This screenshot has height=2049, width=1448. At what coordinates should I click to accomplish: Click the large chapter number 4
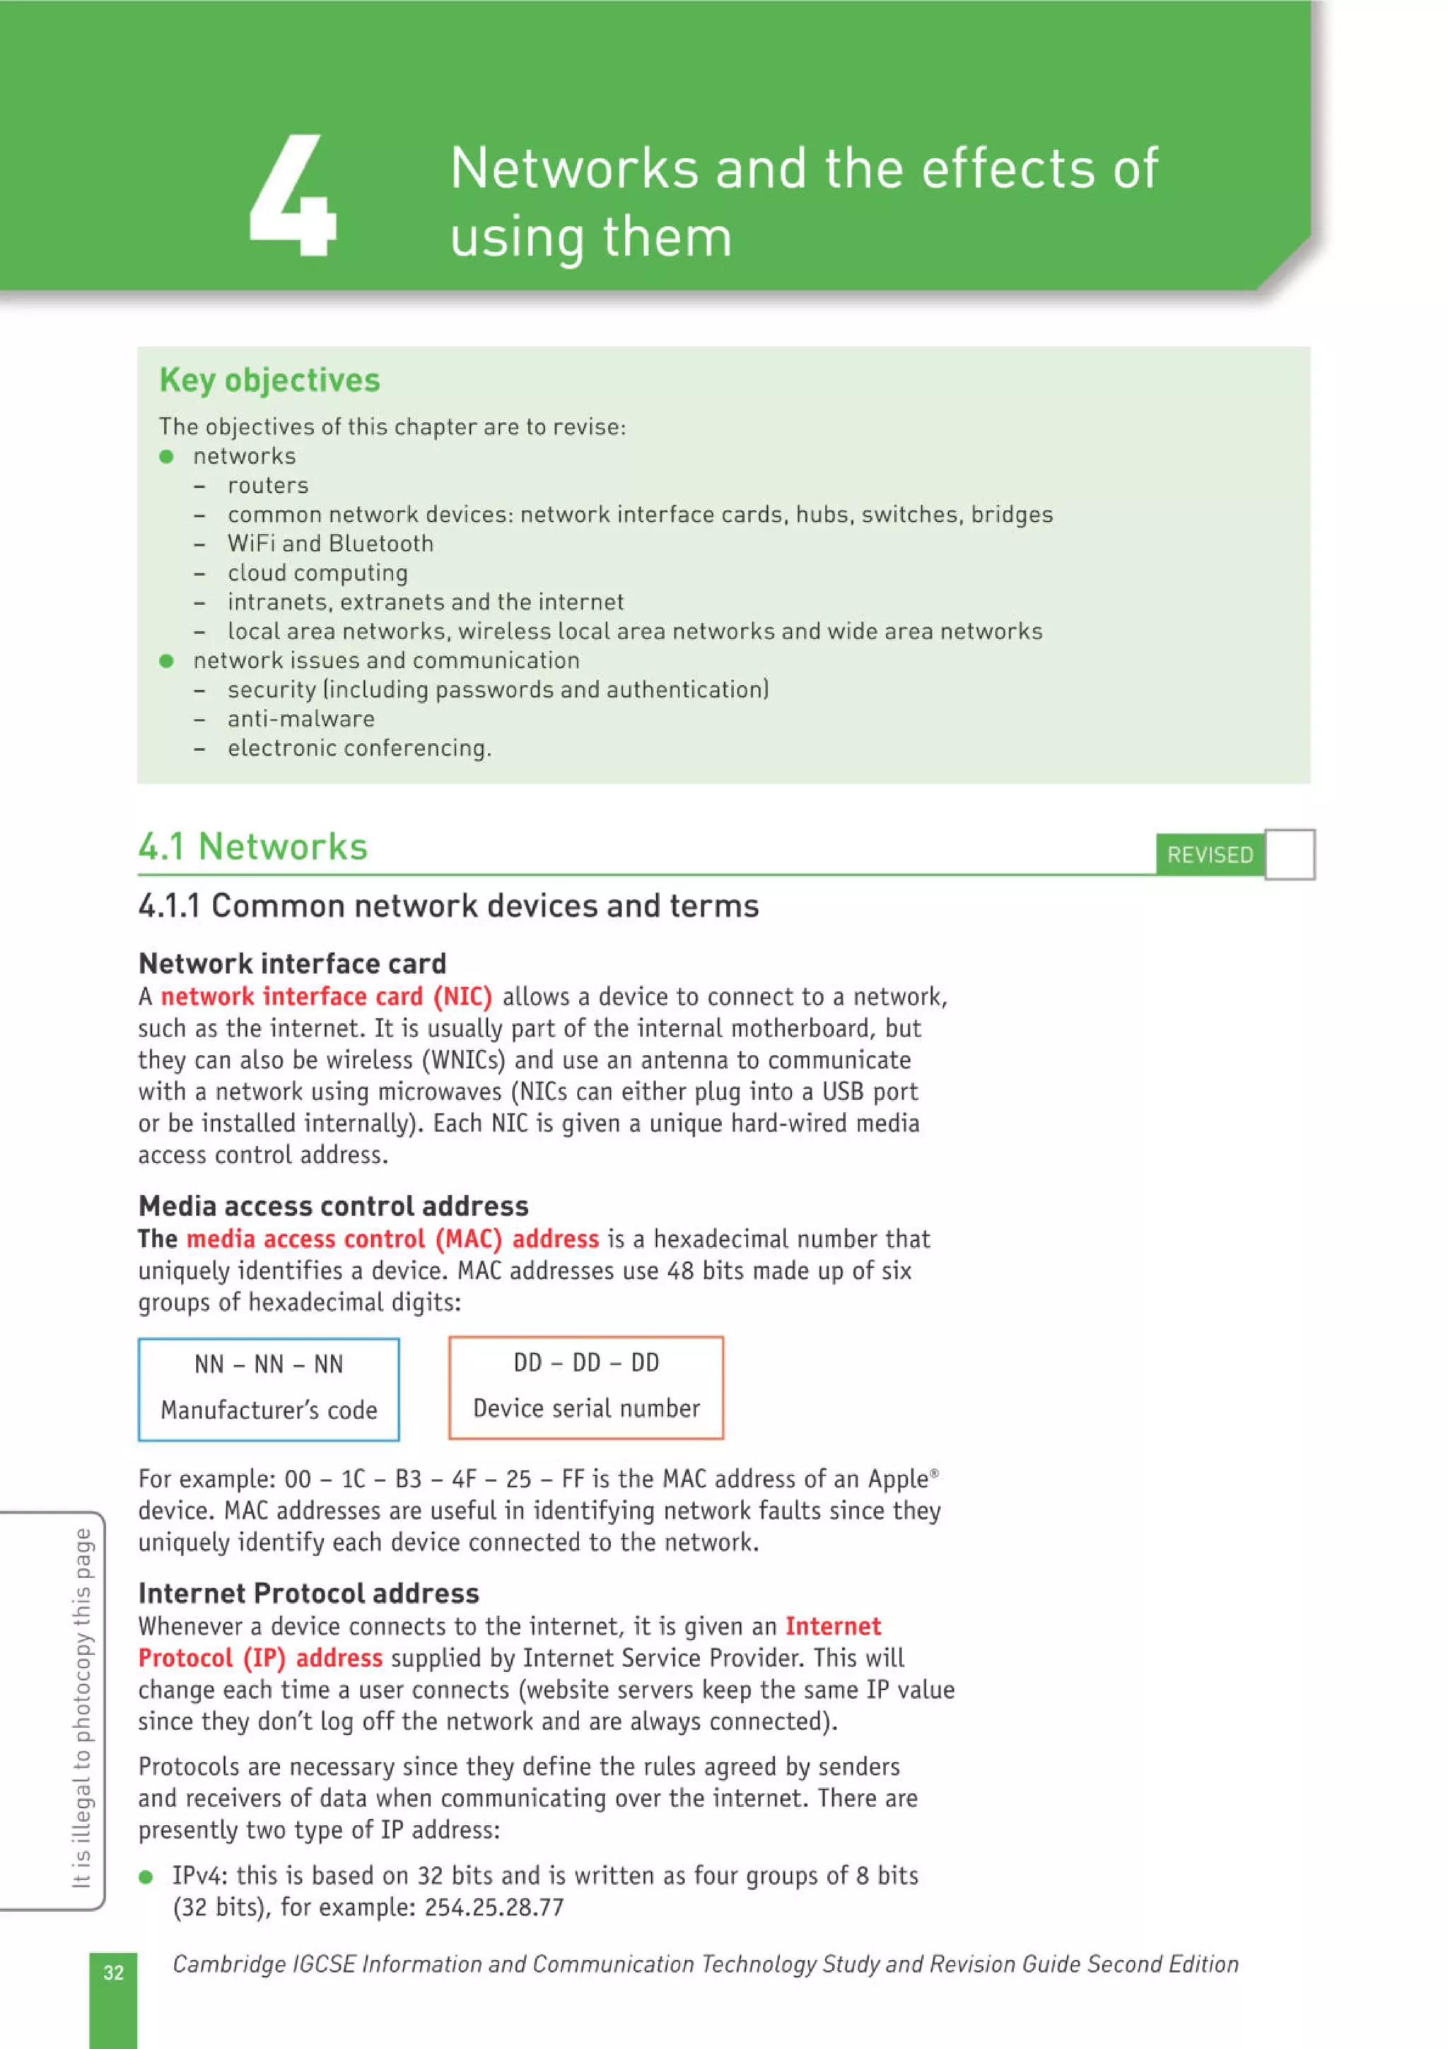[293, 197]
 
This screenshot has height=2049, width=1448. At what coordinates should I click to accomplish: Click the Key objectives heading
[269, 380]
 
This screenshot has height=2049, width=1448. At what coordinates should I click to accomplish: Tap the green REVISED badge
[1209, 855]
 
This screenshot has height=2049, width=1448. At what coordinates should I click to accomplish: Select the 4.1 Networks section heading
[252, 846]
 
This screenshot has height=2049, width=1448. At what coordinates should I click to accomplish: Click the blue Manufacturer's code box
[269, 1389]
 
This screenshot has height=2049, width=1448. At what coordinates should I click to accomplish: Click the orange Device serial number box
[585, 1387]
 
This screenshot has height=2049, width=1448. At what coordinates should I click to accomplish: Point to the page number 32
[113, 1972]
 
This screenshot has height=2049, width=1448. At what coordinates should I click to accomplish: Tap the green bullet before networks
[166, 457]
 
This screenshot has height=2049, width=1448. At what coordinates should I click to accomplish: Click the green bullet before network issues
[166, 661]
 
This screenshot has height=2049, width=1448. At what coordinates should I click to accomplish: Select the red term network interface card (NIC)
[326, 997]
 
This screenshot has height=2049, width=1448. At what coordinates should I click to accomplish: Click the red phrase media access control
[305, 1239]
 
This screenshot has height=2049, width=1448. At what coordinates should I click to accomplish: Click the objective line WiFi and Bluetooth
[330, 544]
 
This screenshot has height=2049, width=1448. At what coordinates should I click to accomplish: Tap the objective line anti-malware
[300, 719]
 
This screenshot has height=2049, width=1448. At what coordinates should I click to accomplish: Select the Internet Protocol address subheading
[309, 1594]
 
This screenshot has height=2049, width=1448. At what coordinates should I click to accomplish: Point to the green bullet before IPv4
[146, 1876]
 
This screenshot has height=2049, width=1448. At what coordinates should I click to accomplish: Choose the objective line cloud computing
[317, 573]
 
